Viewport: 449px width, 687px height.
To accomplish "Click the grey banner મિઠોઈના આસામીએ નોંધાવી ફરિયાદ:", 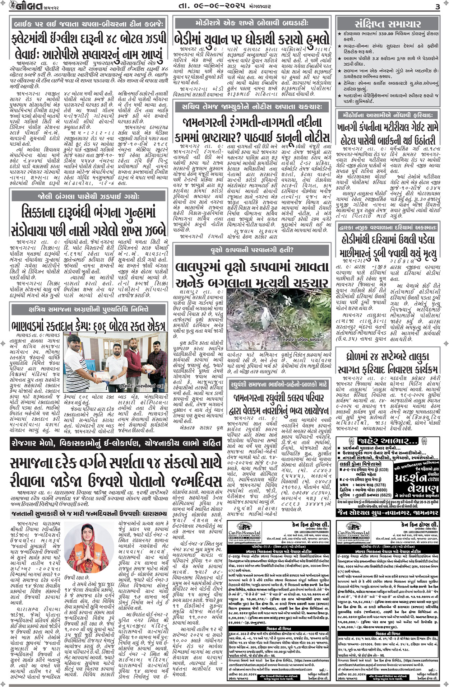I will click(x=388, y=115).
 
